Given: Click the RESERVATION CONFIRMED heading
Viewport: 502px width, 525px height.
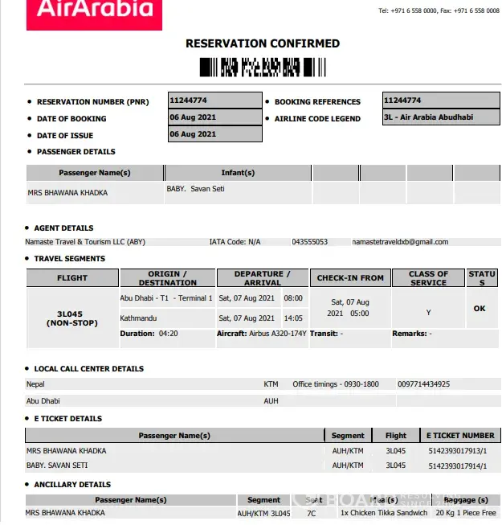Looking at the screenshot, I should point(263,43).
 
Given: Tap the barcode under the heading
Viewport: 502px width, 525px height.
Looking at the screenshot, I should point(251,68).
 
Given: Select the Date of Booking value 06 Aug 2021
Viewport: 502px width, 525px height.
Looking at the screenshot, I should point(193,117).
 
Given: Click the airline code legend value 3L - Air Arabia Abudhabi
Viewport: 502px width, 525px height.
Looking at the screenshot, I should point(429,117).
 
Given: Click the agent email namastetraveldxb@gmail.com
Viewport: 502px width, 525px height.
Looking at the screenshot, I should point(400,241).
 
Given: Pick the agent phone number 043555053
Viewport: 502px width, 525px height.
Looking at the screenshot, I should point(309,241).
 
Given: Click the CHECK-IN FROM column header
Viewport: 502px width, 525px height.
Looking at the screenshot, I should point(350,278).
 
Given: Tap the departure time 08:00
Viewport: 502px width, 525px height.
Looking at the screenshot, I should point(292,298).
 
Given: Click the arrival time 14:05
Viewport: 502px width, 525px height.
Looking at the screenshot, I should point(292,318).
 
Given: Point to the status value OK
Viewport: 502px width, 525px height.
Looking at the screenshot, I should point(480,308).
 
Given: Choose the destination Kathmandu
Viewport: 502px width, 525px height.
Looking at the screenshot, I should point(138,318).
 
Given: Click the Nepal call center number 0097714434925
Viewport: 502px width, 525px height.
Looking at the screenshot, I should point(423,384).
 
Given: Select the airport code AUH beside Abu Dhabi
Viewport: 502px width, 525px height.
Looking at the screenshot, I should point(271,400).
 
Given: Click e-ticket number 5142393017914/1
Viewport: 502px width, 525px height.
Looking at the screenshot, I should point(457,466).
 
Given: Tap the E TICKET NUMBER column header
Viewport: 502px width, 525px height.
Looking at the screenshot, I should point(460,435).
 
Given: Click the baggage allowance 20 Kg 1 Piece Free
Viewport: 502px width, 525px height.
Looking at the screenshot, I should point(466,513).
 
